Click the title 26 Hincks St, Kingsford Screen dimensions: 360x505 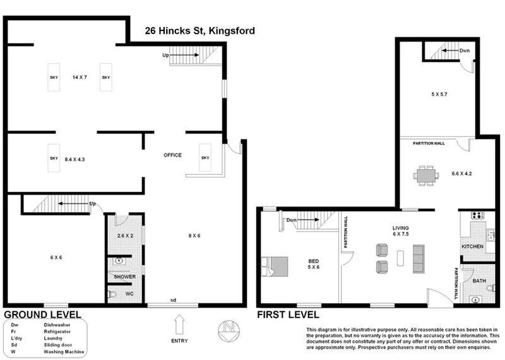[199, 30]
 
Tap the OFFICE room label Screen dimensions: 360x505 [172, 155]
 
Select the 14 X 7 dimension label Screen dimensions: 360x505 [79, 77]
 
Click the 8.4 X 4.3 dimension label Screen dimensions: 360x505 [74, 160]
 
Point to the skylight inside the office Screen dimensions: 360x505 [205, 158]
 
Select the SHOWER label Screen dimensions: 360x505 [124, 277]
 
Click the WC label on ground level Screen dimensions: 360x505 [129, 294]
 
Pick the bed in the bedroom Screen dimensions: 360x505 [274, 266]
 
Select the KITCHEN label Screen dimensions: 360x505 [472, 246]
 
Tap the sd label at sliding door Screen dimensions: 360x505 [173, 299]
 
